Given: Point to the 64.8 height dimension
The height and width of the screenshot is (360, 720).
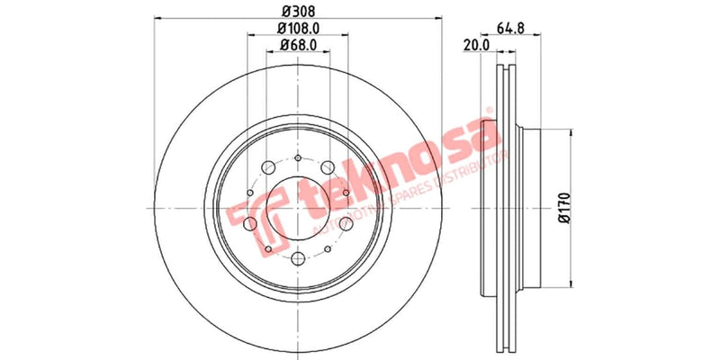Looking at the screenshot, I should pos(519,29).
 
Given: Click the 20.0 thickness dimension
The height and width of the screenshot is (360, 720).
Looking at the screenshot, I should pos(475,45).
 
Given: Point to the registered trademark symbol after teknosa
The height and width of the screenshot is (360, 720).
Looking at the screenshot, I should pos(490,112).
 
